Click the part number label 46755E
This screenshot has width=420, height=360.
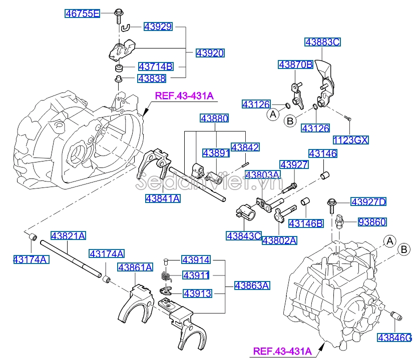83,13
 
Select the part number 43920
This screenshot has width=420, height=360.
210,52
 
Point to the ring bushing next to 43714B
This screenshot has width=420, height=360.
120,67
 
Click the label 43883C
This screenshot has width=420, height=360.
322,42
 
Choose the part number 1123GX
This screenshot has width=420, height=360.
350,140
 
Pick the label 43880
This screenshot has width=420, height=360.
214,118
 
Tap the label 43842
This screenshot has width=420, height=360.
245,147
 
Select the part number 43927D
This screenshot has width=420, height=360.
368,202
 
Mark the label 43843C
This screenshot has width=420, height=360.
244,235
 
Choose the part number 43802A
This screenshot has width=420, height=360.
279,240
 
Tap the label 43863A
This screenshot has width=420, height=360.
252,285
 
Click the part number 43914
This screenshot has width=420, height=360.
196,260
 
